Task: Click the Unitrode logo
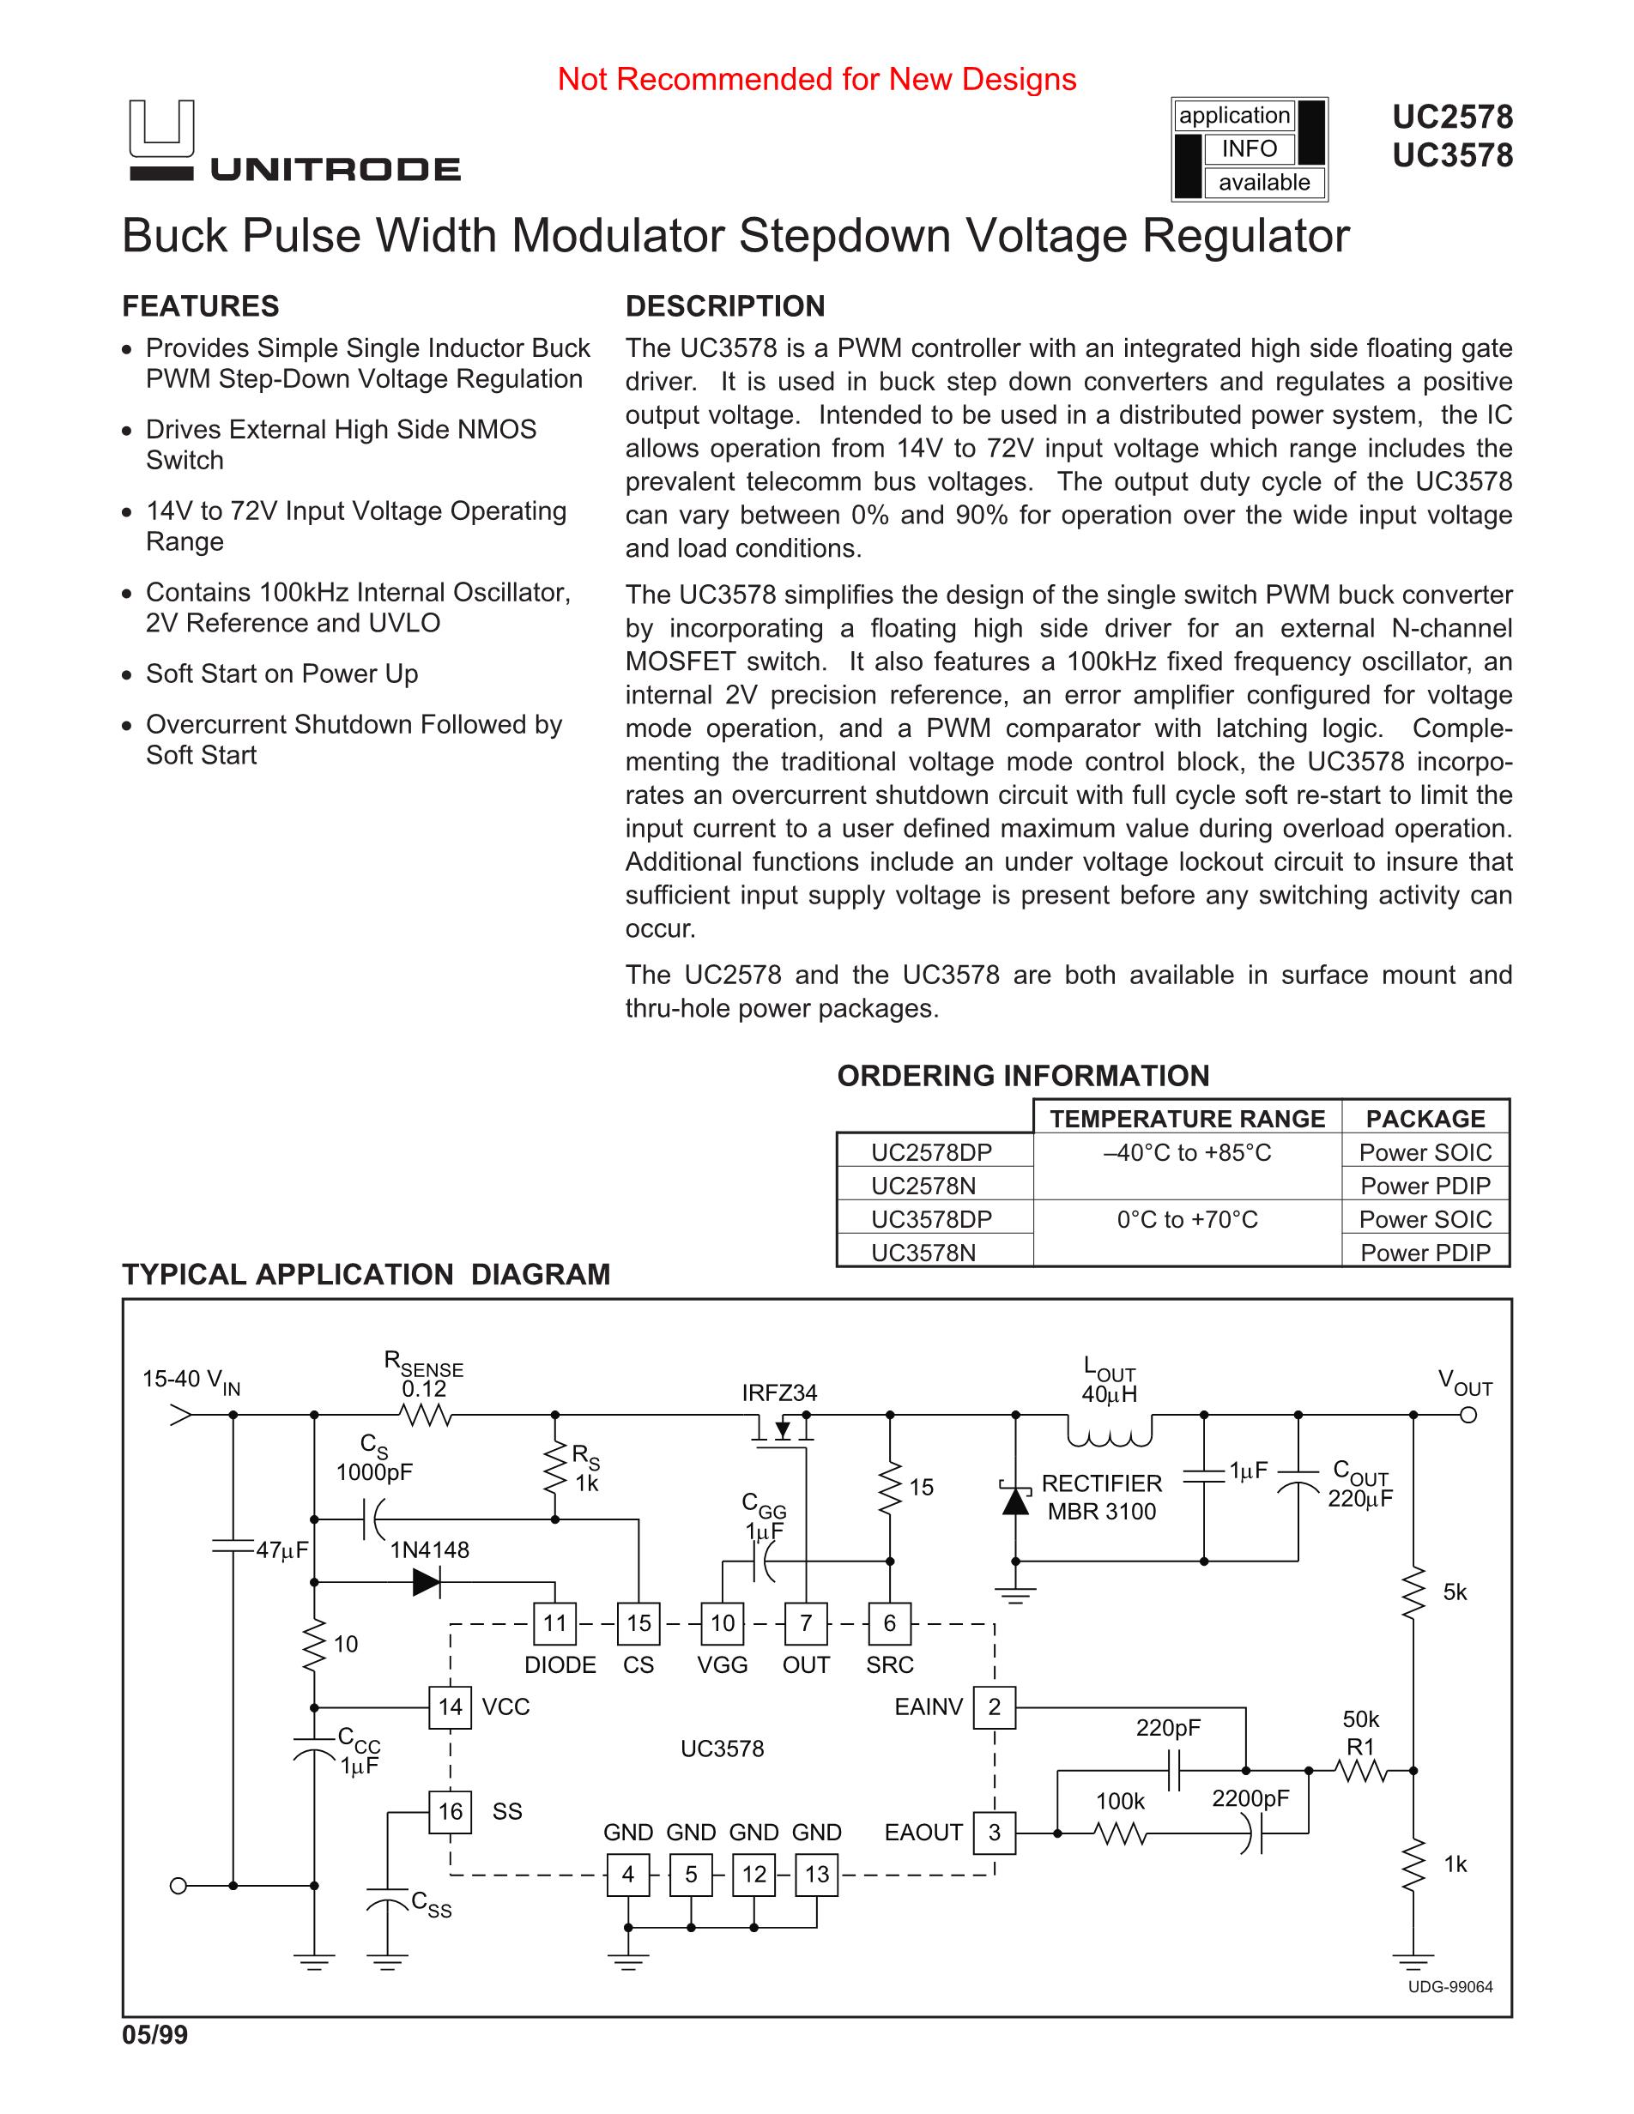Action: (294, 142)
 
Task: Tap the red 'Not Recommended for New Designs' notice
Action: (816, 80)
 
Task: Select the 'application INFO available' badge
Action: (1249, 149)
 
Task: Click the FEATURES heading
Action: (200, 307)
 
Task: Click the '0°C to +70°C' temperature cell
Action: (1187, 1220)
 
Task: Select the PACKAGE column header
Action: (1425, 1119)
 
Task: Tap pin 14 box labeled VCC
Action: (451, 1706)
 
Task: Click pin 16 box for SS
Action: (451, 1811)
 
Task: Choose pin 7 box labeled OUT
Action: (805, 1623)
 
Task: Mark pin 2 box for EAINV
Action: (994, 1706)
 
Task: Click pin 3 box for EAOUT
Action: (994, 1833)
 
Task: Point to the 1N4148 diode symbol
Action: (427, 1583)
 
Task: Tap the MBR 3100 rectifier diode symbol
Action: (1015, 1501)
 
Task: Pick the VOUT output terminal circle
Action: (1468, 1415)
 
